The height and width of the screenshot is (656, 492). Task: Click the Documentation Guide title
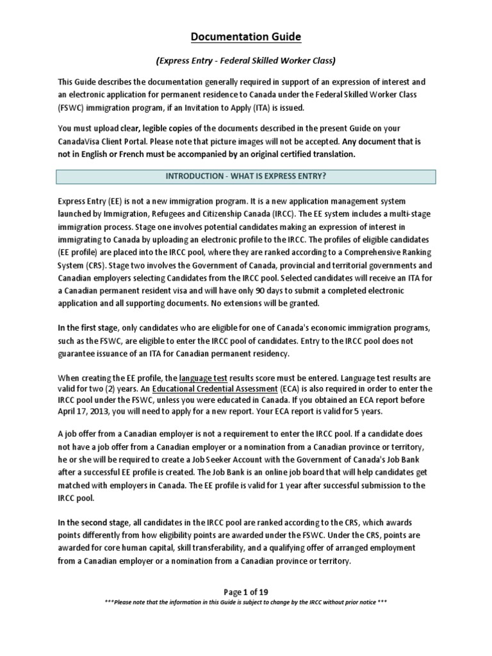click(246, 37)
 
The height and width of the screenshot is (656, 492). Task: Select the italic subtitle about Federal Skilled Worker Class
click(246, 61)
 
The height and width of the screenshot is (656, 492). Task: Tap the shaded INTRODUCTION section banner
click(246, 176)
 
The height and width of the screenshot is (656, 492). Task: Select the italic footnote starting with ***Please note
click(246, 603)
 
